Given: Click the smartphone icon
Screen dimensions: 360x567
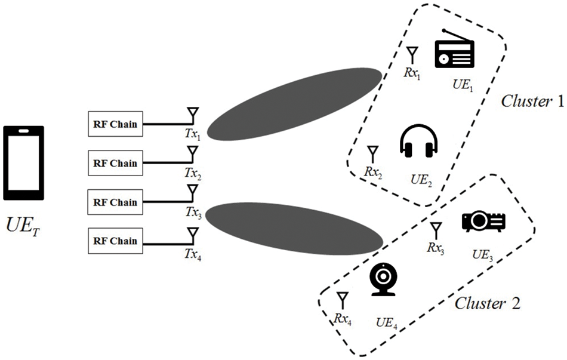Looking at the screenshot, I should point(23,162).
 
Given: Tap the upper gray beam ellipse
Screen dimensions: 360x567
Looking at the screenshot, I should point(295,104).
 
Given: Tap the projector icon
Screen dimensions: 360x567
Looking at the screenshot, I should point(483,221).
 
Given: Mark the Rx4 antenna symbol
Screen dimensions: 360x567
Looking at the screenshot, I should point(343,300).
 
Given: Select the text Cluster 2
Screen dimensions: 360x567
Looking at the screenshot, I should point(488,303).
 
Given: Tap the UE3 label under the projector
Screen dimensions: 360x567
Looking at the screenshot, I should point(482,254).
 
